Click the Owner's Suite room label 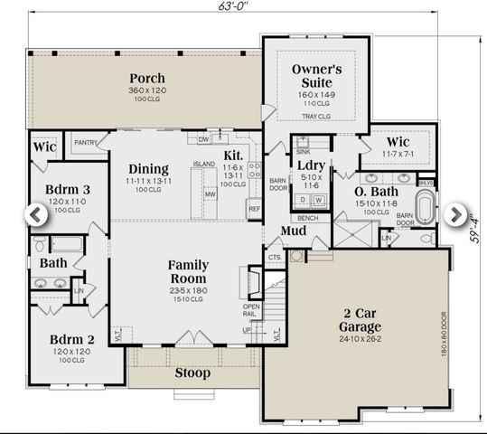[315, 77]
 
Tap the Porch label [146, 79]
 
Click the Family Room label [188, 272]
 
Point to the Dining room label [148, 169]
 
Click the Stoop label [192, 373]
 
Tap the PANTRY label [86, 142]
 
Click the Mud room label [292, 231]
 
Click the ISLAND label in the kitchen [204, 164]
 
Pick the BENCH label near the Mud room [307, 218]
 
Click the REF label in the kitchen [254, 209]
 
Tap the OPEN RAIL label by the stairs [251, 310]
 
